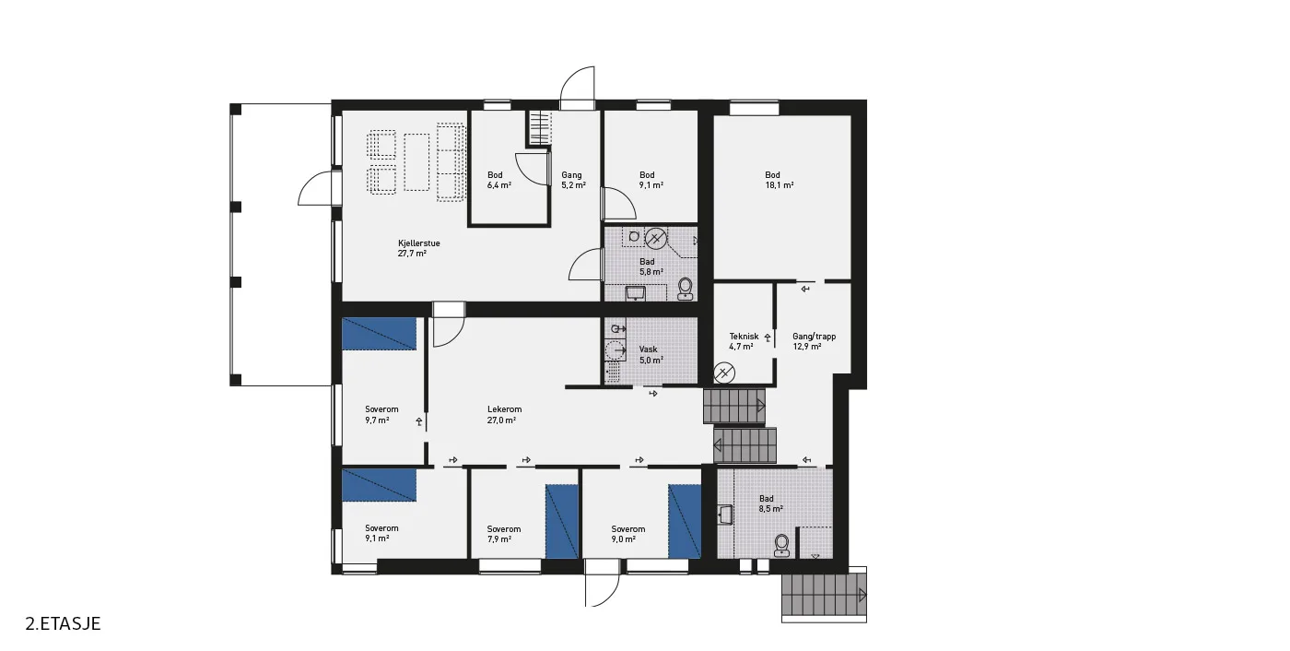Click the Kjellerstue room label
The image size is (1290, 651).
418,243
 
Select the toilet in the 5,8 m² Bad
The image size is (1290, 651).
685,290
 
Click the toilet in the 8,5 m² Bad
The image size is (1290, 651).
781,546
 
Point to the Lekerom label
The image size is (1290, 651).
505,409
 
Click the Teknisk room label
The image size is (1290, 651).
745,337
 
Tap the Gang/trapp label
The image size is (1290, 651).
814,337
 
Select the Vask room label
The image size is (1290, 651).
648,349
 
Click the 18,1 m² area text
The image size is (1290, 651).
780,185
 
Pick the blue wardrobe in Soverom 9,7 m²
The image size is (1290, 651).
379,334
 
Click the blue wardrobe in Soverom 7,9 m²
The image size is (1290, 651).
561,522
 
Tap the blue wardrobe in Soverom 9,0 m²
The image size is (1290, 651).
685,522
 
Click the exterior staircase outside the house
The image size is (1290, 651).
824,595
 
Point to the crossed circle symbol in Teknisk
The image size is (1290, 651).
724,373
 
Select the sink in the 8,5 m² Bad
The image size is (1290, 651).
725,515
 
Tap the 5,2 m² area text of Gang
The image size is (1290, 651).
573,185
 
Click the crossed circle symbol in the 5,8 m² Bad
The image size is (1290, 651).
655,238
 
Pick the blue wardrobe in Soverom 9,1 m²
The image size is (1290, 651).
379,485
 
